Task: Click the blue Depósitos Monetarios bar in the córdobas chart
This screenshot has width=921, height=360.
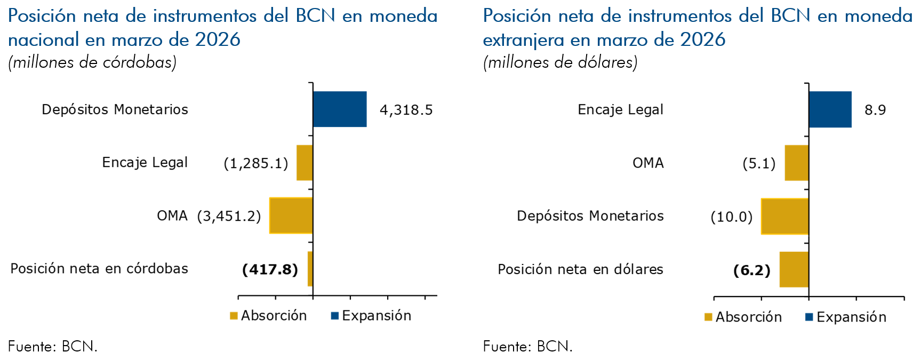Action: click(340, 109)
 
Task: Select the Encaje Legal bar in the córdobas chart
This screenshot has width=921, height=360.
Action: click(305, 163)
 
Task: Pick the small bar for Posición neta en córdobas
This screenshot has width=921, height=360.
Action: click(310, 269)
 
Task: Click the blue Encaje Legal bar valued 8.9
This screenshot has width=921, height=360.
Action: click(830, 109)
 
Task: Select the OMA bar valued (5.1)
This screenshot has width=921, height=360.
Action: click(796, 163)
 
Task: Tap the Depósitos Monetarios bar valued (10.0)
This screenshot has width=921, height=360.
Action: click(784, 216)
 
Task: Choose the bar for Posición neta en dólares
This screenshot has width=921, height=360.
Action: click(794, 269)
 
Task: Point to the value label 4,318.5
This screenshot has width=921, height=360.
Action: click(406, 110)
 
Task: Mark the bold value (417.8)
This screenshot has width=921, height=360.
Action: click(270, 269)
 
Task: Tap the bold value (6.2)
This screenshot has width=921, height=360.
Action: click(751, 270)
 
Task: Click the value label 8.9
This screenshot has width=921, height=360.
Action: click(875, 110)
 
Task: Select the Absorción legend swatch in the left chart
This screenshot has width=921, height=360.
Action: click(234, 316)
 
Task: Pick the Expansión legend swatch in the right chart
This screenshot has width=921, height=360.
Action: click(809, 317)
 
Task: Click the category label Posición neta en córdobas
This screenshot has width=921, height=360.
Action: click(99, 269)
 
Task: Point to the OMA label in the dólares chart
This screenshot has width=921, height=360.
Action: click(648, 163)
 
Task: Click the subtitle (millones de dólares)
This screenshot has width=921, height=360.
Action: click(560, 62)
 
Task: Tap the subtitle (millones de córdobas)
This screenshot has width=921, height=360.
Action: click(92, 62)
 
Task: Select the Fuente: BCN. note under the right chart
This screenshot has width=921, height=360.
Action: click(527, 347)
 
